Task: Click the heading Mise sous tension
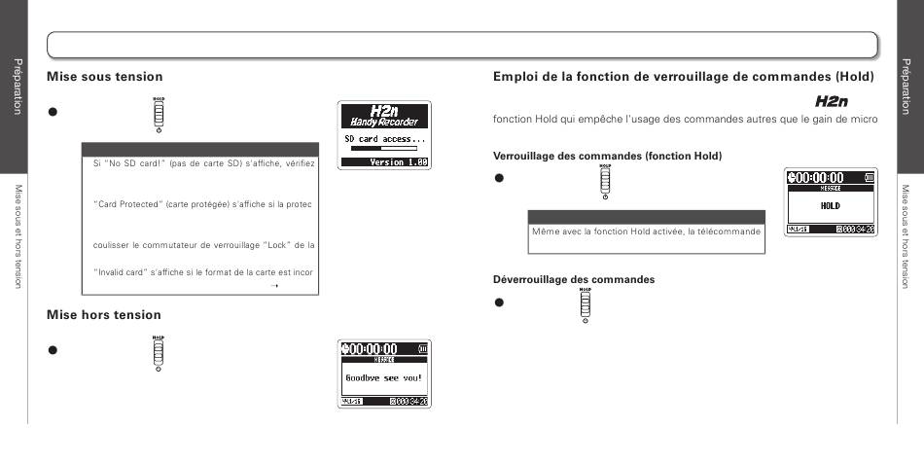click(105, 77)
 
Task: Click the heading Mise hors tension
click(104, 315)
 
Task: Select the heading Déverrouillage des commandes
click(574, 280)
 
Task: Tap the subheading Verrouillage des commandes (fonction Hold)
click(607, 157)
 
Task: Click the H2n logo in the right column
click(832, 101)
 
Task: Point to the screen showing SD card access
click(384, 135)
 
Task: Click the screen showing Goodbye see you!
click(384, 373)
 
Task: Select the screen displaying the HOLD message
click(830, 202)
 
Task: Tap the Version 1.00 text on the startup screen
click(398, 162)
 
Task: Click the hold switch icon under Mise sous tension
click(159, 114)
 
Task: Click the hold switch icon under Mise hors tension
click(158, 351)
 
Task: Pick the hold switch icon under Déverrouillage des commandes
click(585, 304)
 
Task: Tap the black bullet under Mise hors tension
click(53, 350)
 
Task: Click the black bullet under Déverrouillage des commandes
click(499, 302)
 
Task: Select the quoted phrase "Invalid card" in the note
click(119, 272)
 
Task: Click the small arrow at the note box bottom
click(275, 287)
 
